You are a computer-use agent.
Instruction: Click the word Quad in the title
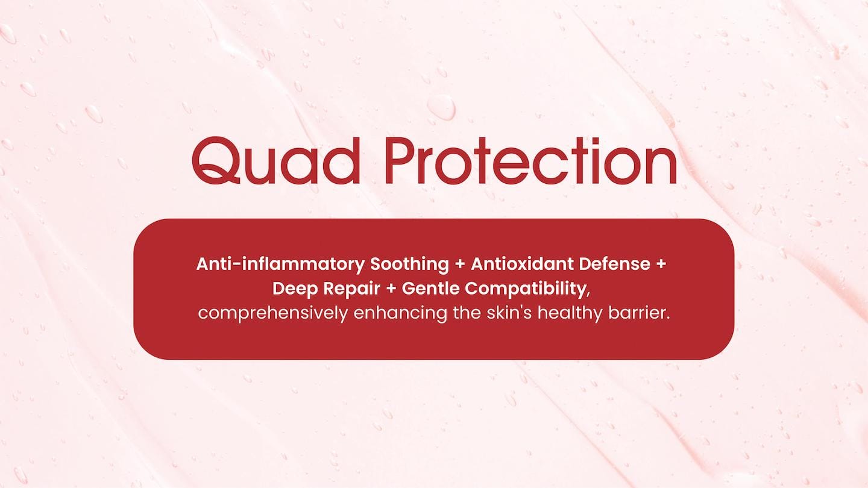275,160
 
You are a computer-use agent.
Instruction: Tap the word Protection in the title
531,160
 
